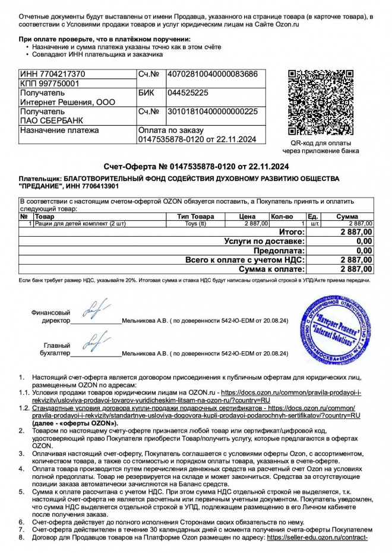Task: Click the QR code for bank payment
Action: (x=324, y=103)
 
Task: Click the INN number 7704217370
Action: (x=53, y=74)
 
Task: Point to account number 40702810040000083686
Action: (x=213, y=74)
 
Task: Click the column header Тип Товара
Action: (x=195, y=217)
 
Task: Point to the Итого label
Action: (x=291, y=232)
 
